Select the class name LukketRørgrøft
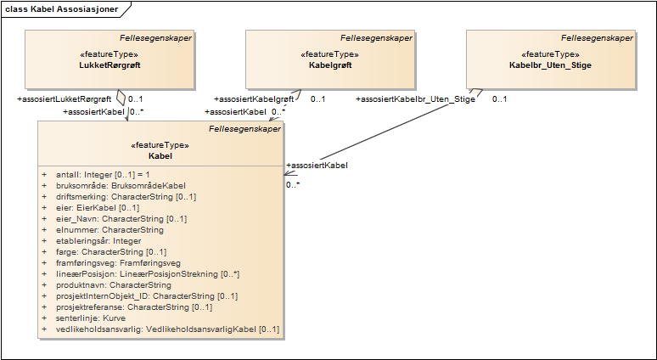click(109, 65)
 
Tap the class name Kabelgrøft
click(329, 65)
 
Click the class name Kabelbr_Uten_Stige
click(550, 65)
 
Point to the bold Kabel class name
click(160, 156)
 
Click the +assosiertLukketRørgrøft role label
click(64, 99)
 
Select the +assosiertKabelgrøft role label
click(254, 99)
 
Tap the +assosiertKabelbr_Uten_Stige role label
click(415, 99)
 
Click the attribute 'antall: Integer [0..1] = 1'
click(102, 174)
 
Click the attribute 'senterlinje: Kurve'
click(89, 318)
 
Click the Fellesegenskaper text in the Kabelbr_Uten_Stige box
click(598, 38)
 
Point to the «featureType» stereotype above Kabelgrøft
click(328, 54)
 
